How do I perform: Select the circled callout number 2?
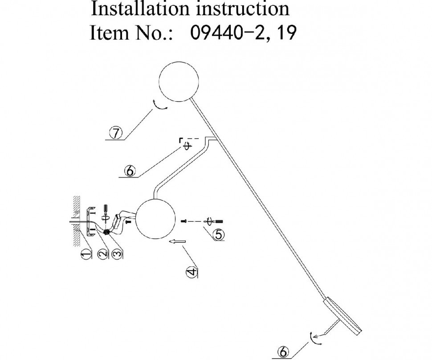click(x=103, y=254)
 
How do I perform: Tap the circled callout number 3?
click(x=117, y=254)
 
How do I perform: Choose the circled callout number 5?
click(x=219, y=234)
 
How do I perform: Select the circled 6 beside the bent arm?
click(x=129, y=171)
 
